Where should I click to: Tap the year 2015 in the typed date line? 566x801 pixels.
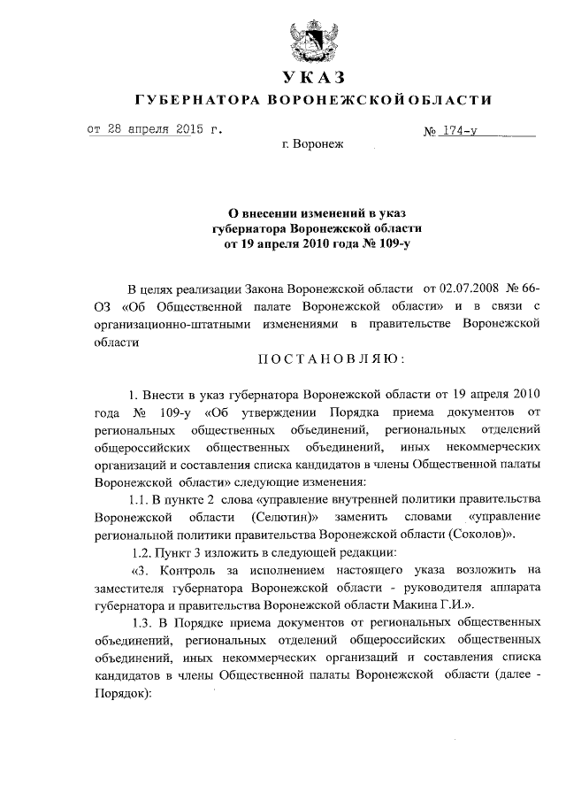182,128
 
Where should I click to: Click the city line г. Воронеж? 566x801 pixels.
312,144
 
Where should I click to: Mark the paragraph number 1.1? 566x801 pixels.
142,498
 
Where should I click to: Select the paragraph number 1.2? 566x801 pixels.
142,551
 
